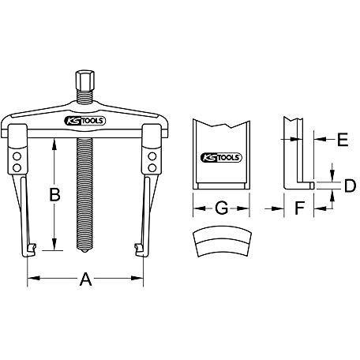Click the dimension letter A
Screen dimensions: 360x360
86,279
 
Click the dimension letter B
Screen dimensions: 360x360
55,195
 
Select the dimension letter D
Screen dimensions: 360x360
351,186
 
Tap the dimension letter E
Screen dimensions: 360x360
343,140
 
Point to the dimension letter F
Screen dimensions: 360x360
299,208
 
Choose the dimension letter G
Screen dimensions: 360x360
222,208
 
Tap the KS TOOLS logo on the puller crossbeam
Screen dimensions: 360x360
84,121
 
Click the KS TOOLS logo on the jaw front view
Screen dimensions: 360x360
221,158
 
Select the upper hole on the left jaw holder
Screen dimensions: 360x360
17,156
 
